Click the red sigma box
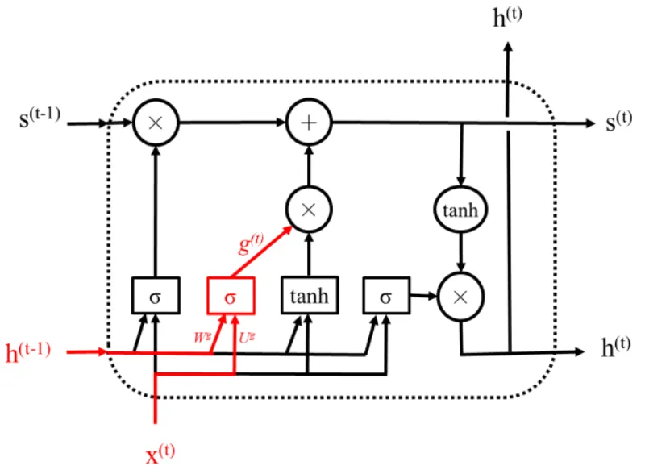pyautogui.click(x=231, y=296)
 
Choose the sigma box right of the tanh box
pyautogui.click(x=385, y=296)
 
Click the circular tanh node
pyautogui.click(x=460, y=210)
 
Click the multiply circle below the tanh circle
pyautogui.click(x=460, y=296)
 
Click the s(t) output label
pyautogui.click(x=618, y=121)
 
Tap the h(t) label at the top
pyautogui.click(x=508, y=17)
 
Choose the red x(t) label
pyautogui.click(x=160, y=455)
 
